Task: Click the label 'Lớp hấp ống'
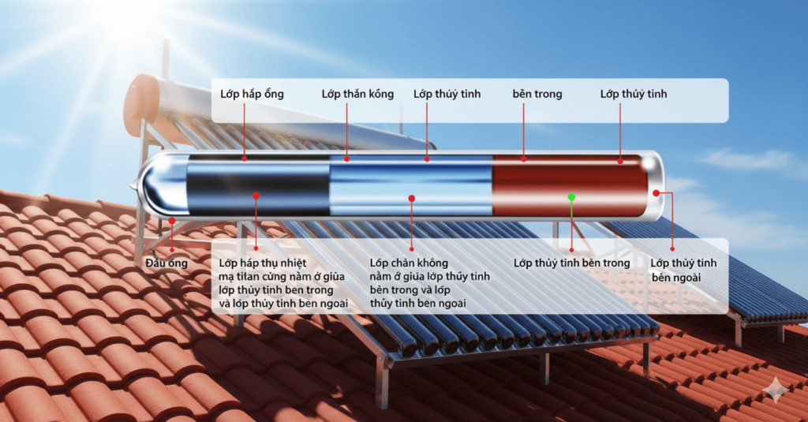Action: click(x=252, y=95)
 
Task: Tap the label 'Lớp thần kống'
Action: click(x=357, y=95)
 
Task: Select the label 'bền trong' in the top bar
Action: click(x=537, y=95)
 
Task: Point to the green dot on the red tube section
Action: click(x=571, y=196)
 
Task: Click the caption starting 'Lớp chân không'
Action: click(x=429, y=282)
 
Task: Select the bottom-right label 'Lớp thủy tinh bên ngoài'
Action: click(x=683, y=270)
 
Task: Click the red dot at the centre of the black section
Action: click(x=256, y=195)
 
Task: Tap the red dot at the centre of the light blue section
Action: click(x=411, y=197)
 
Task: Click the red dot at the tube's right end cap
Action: click(x=656, y=192)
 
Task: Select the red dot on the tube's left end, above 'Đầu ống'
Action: click(x=170, y=221)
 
